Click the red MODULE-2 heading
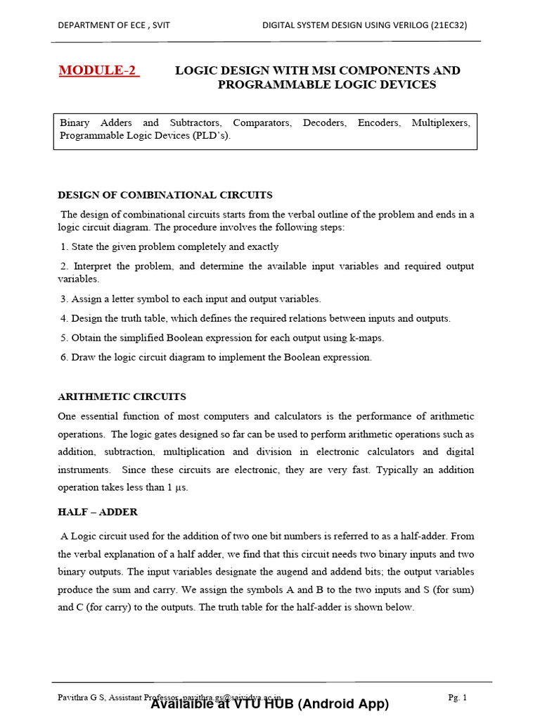98,70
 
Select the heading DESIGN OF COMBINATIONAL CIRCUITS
165,195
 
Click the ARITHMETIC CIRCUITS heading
122,396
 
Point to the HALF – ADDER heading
98,512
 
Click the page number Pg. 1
457,697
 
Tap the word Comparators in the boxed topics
262,123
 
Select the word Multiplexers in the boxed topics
441,123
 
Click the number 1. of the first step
65,247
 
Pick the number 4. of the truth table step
65,318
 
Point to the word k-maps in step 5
366,338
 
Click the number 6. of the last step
65,357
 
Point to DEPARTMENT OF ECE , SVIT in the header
114,25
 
